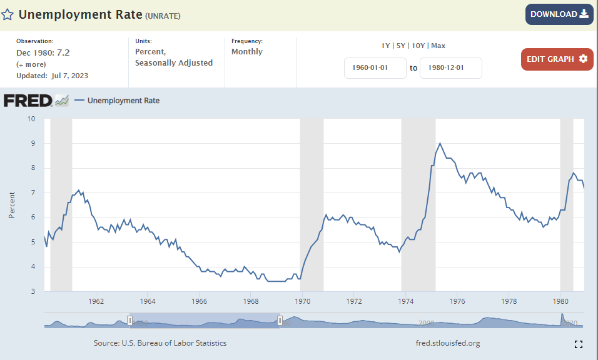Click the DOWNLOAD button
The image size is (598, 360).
[559, 14]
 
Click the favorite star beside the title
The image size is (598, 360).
[8, 14]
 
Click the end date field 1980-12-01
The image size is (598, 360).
[450, 68]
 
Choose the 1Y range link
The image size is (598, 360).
[385, 46]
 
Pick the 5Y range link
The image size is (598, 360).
[401, 46]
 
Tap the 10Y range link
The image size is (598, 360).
[418, 46]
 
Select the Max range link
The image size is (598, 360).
[438, 46]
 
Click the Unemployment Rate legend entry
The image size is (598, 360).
[123, 100]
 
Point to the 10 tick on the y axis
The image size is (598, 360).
[31, 119]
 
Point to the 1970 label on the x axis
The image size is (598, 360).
[303, 301]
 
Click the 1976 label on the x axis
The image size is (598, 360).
[457, 301]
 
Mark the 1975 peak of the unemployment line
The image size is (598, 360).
[440, 143]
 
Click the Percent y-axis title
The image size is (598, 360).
[12, 205]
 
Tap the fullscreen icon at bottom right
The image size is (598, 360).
[579, 344]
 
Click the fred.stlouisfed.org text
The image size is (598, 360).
[448, 343]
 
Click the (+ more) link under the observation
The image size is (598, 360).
[30, 64]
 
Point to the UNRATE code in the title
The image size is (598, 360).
[163, 16]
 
